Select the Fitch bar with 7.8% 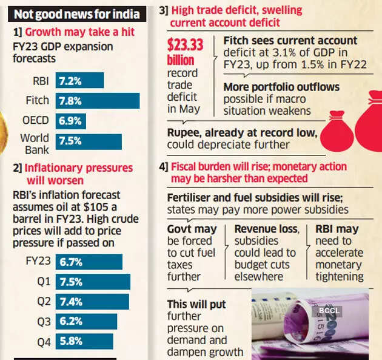tap(98, 101)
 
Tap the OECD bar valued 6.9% tap(71, 121)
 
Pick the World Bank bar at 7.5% tap(89, 141)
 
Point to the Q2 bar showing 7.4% tap(92, 301)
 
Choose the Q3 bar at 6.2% tap(85, 321)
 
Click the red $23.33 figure tap(184, 45)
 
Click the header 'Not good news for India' tap(76, 13)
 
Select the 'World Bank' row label tap(35, 144)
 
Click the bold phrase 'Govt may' tap(192, 229)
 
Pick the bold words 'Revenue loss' tap(267, 229)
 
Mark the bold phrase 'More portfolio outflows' tap(281, 87)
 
